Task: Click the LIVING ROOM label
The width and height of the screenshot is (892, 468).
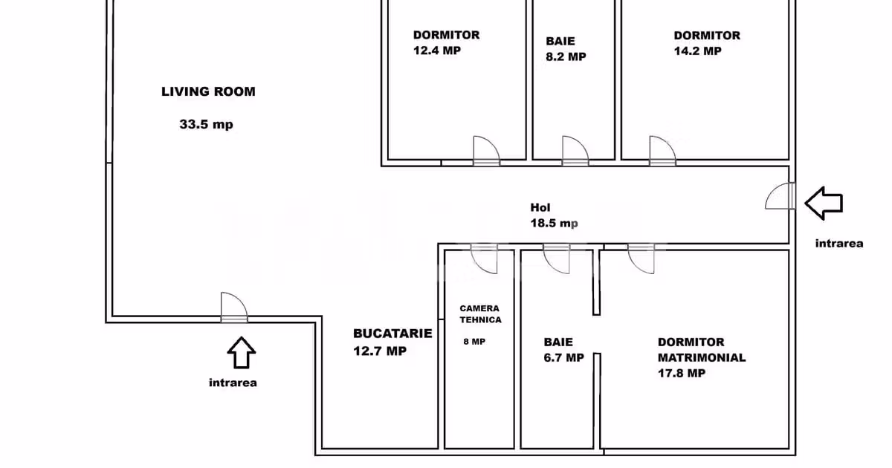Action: [208, 91]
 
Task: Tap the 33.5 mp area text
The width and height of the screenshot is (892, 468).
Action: [207, 124]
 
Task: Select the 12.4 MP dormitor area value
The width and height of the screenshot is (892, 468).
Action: [437, 51]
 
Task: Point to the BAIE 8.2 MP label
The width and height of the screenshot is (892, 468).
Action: [566, 49]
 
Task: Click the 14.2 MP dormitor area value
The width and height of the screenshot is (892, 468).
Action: [698, 51]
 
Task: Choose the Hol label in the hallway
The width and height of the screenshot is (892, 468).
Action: [540, 207]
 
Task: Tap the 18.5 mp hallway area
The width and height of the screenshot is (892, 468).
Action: [554, 223]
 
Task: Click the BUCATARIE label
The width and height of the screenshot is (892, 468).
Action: [392, 334]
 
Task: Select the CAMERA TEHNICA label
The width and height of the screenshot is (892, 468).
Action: [480, 314]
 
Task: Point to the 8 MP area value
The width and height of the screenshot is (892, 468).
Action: [474, 342]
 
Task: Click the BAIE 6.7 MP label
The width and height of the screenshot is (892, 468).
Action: [564, 350]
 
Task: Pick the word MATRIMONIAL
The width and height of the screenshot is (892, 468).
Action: [702, 357]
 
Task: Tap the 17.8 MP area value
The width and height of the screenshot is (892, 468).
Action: [682, 373]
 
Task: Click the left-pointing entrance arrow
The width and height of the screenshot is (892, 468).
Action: [824, 204]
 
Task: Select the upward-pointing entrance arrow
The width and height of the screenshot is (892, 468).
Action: [242, 353]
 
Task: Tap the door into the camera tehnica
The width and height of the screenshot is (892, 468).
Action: [484, 259]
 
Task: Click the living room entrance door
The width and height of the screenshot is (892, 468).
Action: [234, 308]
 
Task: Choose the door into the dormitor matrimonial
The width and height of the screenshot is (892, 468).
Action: [641, 259]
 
